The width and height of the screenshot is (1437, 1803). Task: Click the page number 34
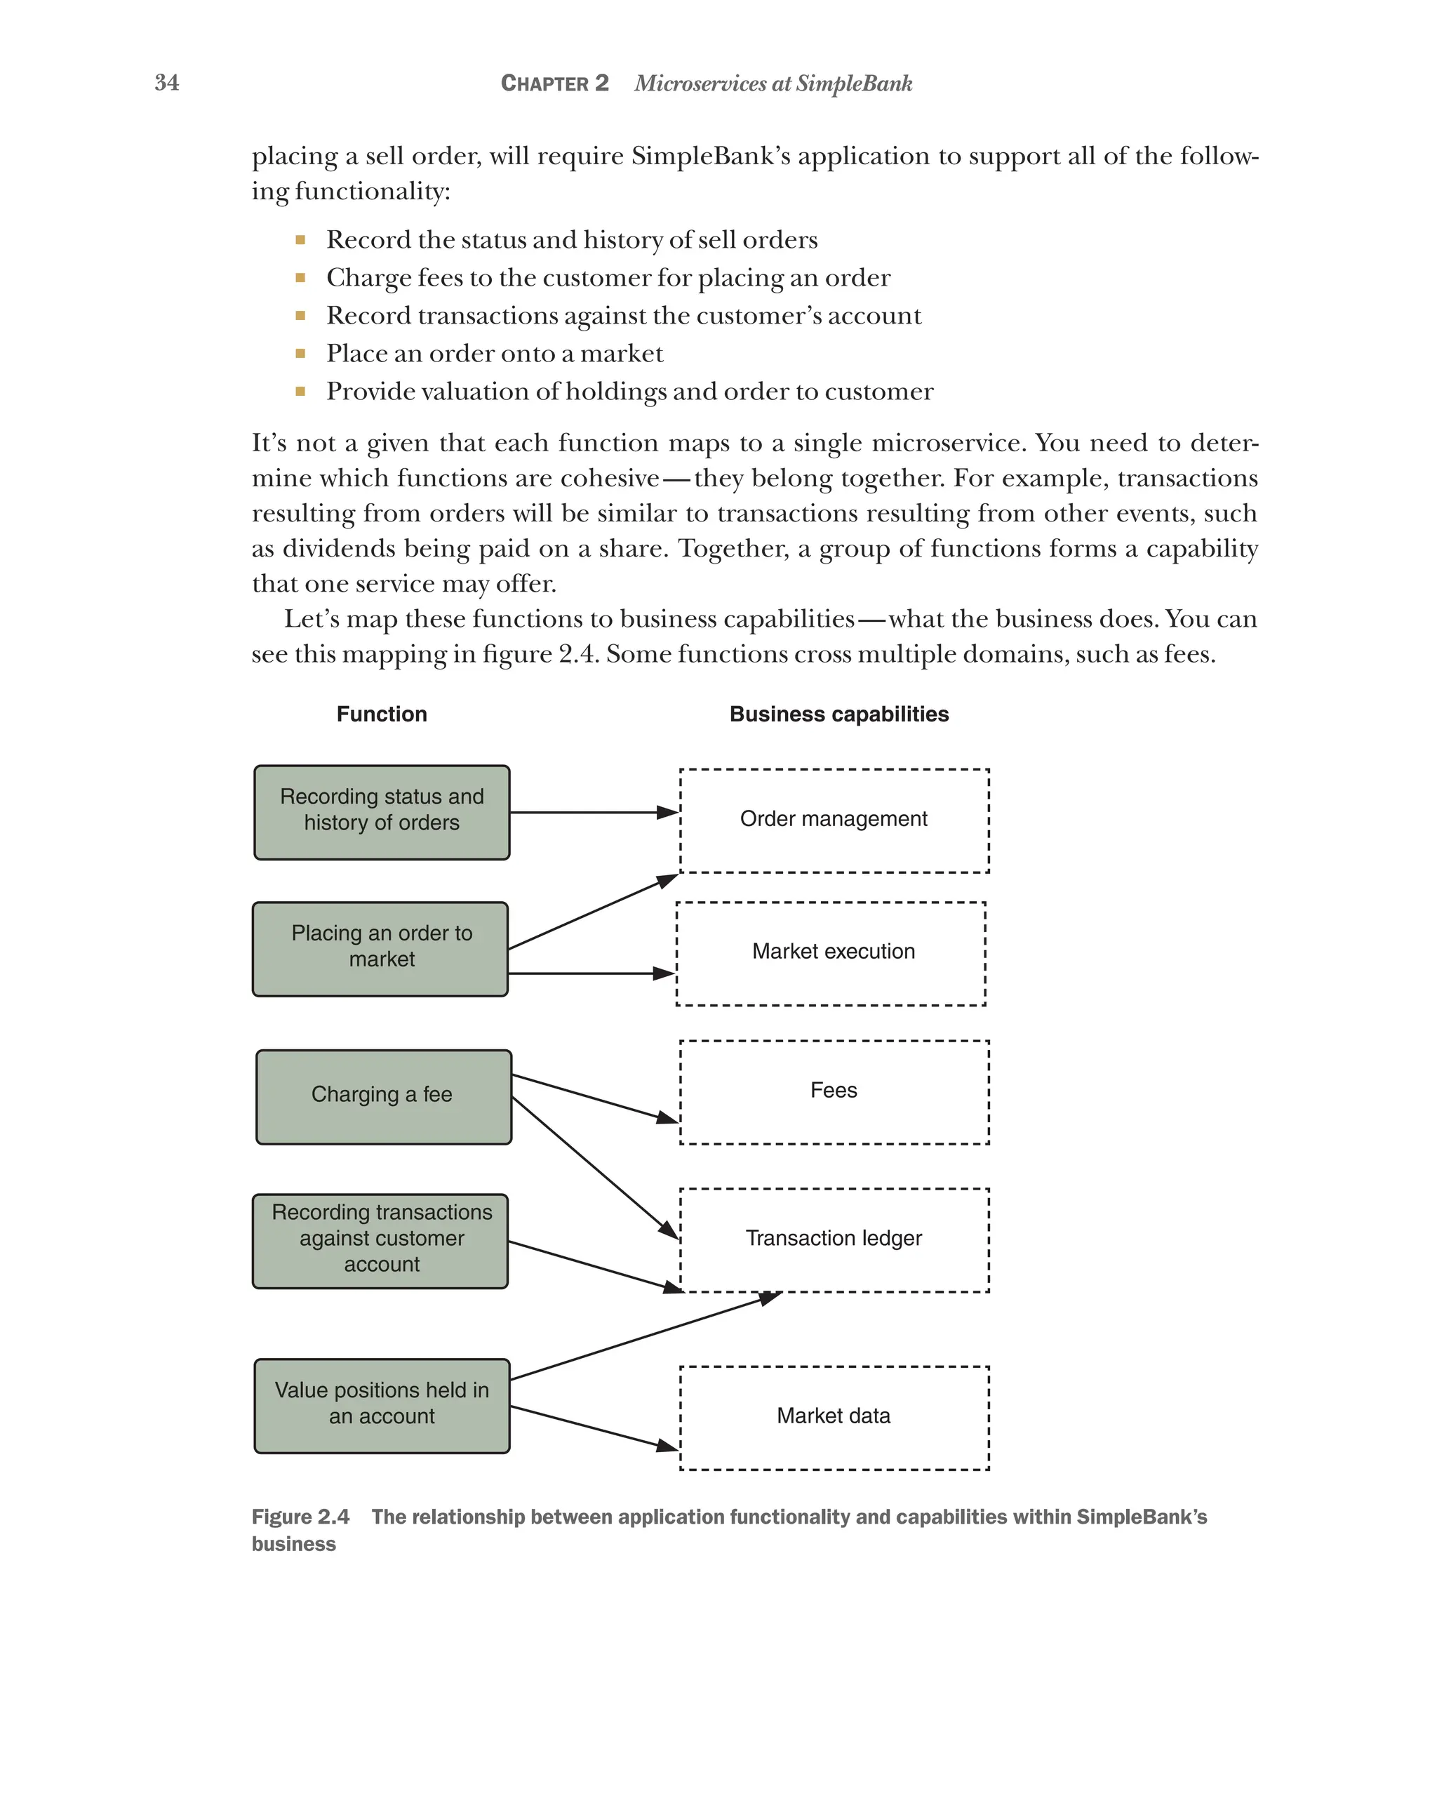point(166,82)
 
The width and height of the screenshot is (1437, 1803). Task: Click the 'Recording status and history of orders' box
point(381,811)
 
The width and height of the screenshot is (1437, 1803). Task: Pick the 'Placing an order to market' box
point(380,948)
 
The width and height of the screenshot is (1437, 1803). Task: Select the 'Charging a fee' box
point(383,1096)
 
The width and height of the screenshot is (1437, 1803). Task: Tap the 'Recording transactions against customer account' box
point(380,1240)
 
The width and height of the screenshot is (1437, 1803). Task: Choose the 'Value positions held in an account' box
point(381,1405)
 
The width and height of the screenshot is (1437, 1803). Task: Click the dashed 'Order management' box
point(834,820)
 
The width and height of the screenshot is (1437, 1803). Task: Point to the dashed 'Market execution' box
point(830,953)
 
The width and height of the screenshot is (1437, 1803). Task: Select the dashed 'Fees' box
point(834,1092)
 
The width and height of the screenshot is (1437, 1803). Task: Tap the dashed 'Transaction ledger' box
point(834,1239)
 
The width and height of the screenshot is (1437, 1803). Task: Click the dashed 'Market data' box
point(834,1416)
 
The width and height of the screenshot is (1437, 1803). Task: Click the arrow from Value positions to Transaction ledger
point(643,1336)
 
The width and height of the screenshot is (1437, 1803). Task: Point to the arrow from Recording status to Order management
point(594,812)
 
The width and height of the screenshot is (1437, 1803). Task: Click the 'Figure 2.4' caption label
point(300,1516)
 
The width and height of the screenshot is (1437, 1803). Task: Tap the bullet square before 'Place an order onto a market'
point(300,353)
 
